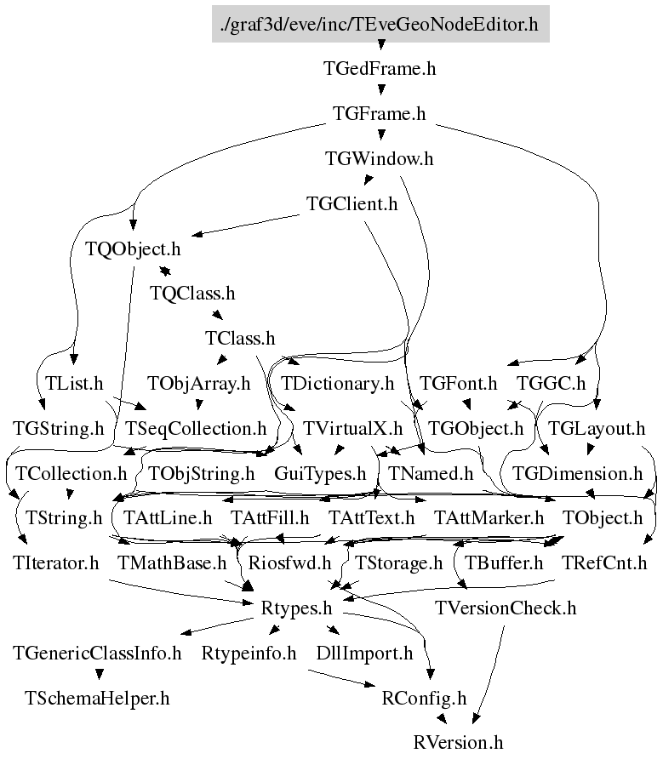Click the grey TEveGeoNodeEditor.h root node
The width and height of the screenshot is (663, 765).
click(380, 24)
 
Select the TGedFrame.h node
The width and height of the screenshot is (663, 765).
click(380, 69)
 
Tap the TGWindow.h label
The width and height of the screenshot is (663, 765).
click(380, 158)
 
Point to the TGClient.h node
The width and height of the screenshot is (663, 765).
click(352, 204)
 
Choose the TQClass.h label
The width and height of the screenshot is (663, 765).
click(192, 294)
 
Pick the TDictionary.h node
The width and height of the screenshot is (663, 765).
click(338, 384)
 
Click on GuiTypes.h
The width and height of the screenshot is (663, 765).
click(320, 472)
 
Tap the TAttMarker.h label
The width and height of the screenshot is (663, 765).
click(489, 517)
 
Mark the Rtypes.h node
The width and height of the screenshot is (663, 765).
click(295, 608)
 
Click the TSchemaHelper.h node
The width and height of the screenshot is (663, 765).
click(98, 699)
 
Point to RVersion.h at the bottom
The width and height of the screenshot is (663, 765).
click(459, 742)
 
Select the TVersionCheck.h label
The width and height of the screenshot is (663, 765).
click(506, 608)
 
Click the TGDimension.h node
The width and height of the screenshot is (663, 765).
click(578, 472)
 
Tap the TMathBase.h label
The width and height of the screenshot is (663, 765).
click(172, 562)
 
